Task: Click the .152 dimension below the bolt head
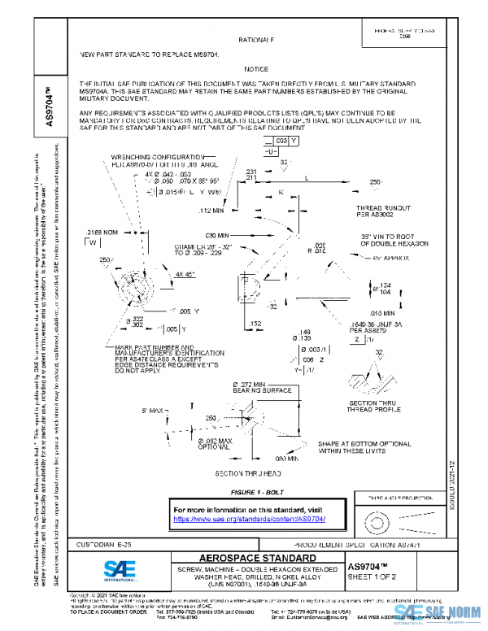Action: [255, 323]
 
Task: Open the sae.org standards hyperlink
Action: [250, 519]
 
